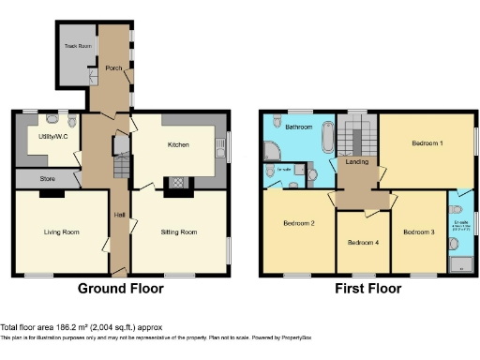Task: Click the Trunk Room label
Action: pos(78,46)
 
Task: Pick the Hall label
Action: pos(119,216)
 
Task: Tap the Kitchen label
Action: pos(178,145)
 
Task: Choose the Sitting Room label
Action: pos(178,231)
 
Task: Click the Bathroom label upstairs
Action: pos(299,126)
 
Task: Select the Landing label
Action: pos(356,162)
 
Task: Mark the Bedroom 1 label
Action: pos(427,143)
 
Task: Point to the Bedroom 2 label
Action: pos(298,224)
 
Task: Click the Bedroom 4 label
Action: pos(363,243)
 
